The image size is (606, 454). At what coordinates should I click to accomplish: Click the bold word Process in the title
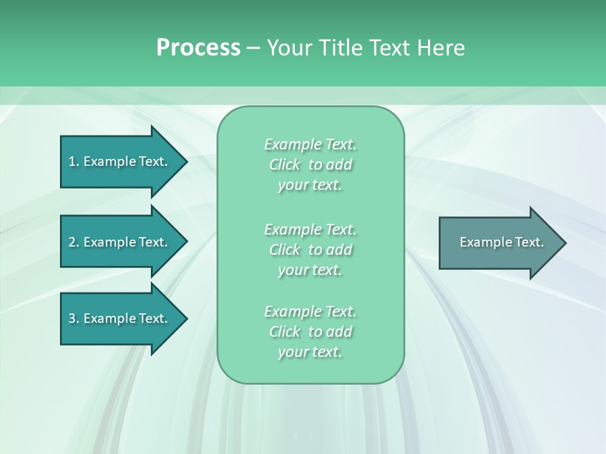[198, 47]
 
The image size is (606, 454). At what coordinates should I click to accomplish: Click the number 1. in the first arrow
[74, 161]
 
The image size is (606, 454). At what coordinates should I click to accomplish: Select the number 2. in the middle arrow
[74, 242]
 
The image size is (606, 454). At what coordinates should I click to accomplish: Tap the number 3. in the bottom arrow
[74, 318]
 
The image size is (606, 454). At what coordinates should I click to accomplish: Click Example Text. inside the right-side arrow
[501, 242]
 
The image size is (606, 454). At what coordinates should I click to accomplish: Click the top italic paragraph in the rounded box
[310, 165]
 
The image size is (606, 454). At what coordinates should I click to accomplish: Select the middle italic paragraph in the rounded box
[310, 250]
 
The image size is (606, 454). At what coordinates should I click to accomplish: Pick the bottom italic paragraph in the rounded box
[310, 332]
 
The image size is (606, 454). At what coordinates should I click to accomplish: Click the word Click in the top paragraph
[284, 165]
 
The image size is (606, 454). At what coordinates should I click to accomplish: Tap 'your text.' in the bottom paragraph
[310, 352]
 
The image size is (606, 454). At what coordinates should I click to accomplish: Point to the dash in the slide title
[253, 48]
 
